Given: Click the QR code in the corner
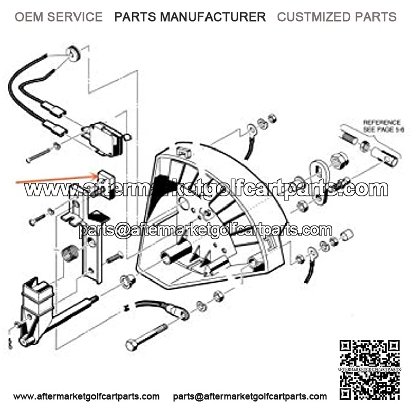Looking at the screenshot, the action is [369, 370].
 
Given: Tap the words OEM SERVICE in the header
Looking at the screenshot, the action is [59, 17].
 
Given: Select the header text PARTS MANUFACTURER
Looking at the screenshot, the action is [190, 17].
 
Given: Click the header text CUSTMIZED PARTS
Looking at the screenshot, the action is [337, 17].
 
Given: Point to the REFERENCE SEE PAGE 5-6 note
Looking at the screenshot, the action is [383, 126].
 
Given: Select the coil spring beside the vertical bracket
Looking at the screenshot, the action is [69, 253].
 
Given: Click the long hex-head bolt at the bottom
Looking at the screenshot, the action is [146, 337].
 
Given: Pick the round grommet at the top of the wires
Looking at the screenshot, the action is [73, 54].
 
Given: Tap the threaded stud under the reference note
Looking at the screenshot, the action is [350, 138].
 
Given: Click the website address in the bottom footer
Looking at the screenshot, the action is [86, 396].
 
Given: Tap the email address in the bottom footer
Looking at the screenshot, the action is [250, 396].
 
